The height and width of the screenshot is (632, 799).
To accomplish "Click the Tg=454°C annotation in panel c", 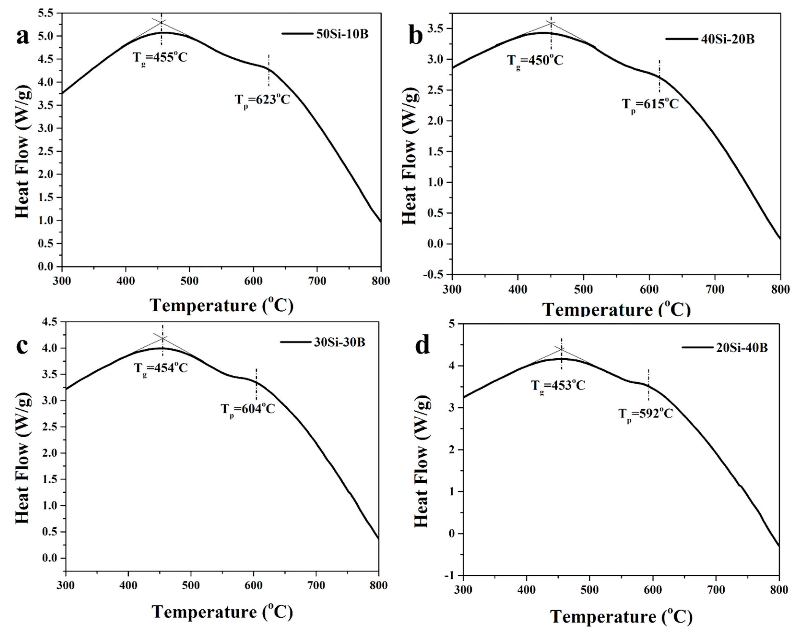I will pos(161,368).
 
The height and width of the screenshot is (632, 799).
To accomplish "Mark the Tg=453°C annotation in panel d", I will pos(558,386).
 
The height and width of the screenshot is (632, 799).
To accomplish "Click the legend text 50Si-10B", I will pos(342,34).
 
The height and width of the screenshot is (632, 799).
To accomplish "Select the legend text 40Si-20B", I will pos(728,49).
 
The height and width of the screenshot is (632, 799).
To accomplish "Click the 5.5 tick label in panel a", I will pos(45,13).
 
